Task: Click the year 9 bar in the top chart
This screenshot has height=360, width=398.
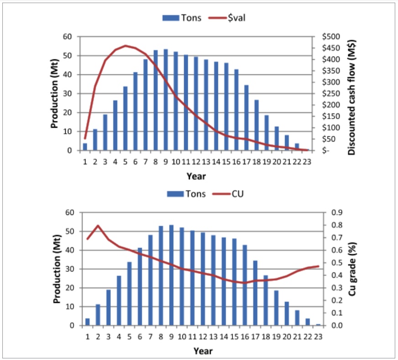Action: (165, 100)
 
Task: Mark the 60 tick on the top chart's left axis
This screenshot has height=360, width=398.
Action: (68, 37)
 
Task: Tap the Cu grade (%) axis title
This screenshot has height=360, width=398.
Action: (351, 269)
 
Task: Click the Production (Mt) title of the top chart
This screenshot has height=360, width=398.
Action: (54, 94)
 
